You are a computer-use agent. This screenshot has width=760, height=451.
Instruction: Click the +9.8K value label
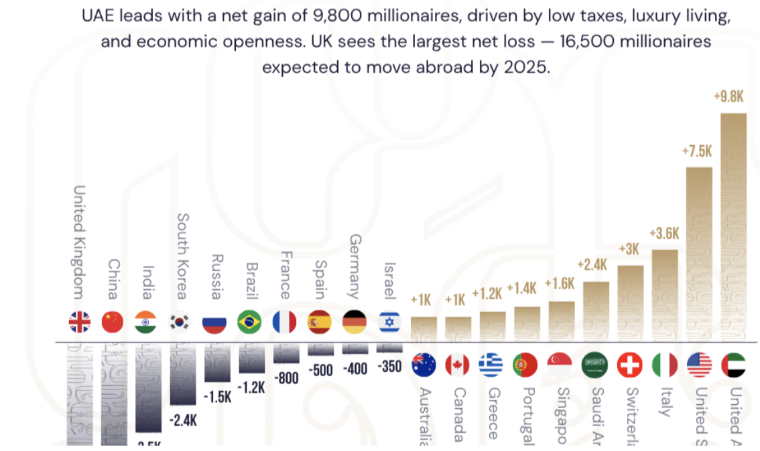click(x=729, y=96)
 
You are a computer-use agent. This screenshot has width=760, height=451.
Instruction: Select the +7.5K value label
click(x=697, y=151)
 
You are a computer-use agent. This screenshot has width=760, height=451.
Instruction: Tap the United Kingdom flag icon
click(x=79, y=323)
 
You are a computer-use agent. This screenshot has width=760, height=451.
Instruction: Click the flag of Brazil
click(x=249, y=323)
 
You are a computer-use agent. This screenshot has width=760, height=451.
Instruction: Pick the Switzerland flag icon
click(x=629, y=365)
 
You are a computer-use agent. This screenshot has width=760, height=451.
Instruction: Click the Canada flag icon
click(x=458, y=365)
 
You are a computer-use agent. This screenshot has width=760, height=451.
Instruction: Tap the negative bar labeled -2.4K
click(x=183, y=375)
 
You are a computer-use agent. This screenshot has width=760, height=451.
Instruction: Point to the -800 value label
click(x=287, y=377)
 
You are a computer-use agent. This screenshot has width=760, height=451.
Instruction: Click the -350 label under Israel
click(x=389, y=367)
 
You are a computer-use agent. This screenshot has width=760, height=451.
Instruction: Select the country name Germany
click(x=355, y=266)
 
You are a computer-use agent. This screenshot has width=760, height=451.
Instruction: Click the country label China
click(x=113, y=280)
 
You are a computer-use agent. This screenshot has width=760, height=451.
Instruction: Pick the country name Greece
click(x=493, y=413)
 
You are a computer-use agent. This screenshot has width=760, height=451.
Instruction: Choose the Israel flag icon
click(x=389, y=323)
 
